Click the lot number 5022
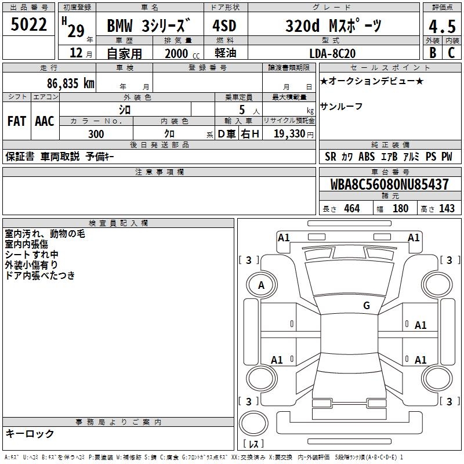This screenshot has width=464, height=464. click(x=28, y=25)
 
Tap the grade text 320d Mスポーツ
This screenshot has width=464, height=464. click(x=333, y=26)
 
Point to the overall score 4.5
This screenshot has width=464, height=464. click(x=441, y=27)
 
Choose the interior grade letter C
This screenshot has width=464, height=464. click(x=451, y=53)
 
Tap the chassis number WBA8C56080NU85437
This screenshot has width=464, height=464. click(x=390, y=185)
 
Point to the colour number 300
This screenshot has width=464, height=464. click(x=96, y=134)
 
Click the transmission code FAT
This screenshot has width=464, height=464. click(x=16, y=121)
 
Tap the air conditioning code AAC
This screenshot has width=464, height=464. click(x=44, y=121)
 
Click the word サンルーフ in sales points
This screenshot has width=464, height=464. click(x=341, y=106)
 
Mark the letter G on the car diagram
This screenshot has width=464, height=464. click(x=367, y=306)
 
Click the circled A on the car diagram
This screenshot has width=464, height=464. click(x=262, y=285)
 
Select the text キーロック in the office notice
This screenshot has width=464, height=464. click(x=30, y=433)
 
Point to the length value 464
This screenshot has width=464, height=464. click(x=351, y=209)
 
